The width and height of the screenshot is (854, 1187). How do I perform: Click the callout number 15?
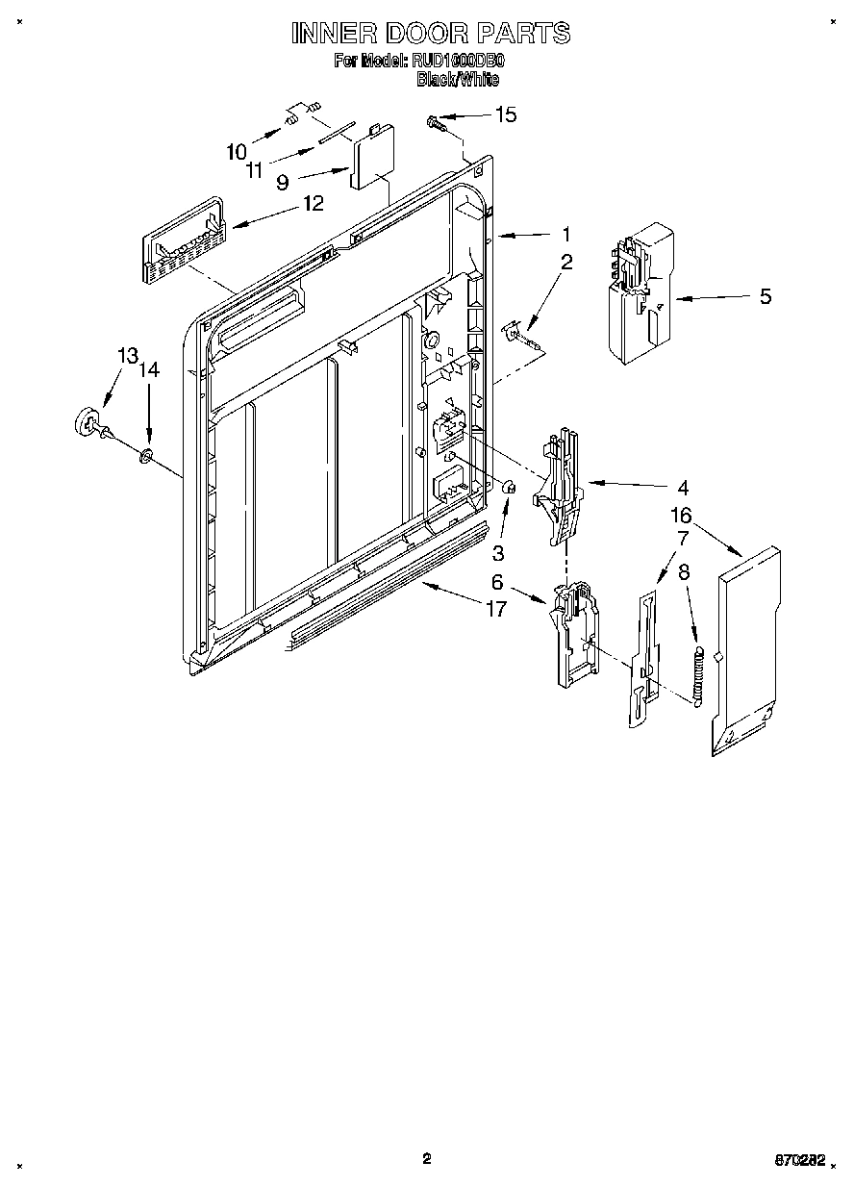pos(505,115)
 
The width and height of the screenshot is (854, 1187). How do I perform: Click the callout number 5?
pos(765,296)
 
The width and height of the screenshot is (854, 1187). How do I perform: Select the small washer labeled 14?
pos(146,453)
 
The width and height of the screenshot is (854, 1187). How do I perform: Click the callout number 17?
pos(495,610)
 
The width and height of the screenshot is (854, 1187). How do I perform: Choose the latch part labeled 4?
pos(560,486)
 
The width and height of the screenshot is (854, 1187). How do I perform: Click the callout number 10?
pos(237,151)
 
